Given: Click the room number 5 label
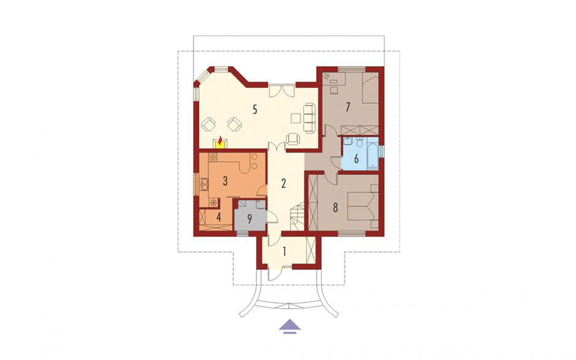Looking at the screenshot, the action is coord(254,109).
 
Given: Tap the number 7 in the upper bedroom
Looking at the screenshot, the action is coord(347,107).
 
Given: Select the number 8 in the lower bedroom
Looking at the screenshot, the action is coord(335,208).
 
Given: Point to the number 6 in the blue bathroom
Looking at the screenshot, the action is coord(355,159).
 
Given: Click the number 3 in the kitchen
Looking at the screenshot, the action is coord(225,181).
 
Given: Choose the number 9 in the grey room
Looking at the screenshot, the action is coord(250,220).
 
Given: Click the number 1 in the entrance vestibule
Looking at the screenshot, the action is coord(284,251).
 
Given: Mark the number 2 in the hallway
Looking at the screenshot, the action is coord(283,183).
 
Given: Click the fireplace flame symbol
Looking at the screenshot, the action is coord(220,141).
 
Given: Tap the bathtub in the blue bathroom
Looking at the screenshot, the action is coord(373,157).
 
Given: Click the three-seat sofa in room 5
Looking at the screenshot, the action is coord(309,118).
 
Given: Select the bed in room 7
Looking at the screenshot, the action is coord(370,88).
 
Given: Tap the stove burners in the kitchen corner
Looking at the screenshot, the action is coord(213,157).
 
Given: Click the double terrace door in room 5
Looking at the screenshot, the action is coord(281,90).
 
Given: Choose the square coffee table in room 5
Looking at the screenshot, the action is coord(296,118).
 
